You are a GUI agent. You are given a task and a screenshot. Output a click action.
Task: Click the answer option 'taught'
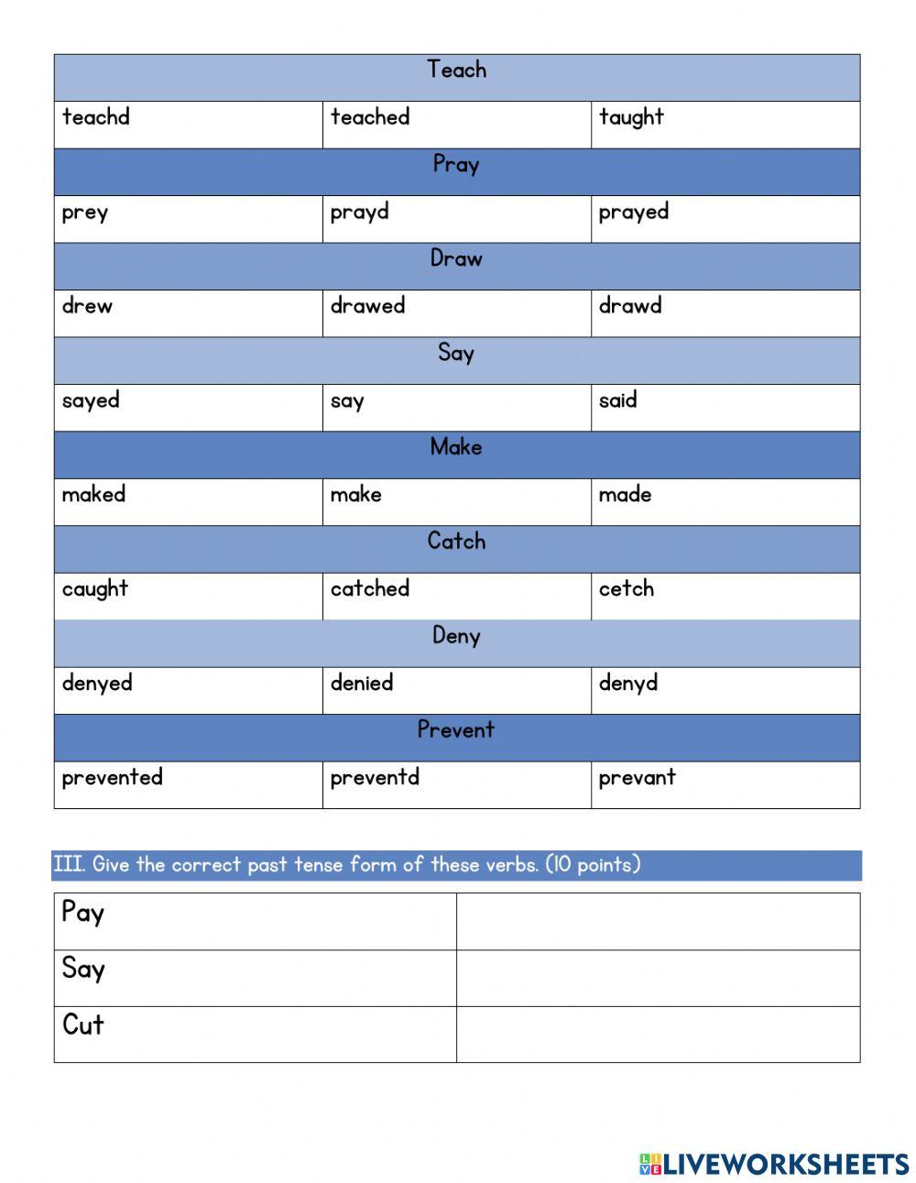click(x=631, y=118)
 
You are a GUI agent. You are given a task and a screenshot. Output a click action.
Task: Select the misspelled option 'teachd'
click(x=96, y=117)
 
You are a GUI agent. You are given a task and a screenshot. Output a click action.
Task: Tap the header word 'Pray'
click(x=456, y=165)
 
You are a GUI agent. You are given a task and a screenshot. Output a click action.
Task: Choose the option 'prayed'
click(x=634, y=213)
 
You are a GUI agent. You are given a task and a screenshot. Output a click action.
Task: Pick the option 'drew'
click(x=88, y=306)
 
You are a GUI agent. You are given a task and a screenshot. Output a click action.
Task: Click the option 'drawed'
click(x=367, y=306)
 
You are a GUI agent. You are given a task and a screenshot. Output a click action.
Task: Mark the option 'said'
click(x=618, y=400)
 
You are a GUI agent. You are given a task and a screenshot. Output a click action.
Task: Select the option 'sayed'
click(x=91, y=401)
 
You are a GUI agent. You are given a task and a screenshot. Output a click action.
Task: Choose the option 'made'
click(x=626, y=495)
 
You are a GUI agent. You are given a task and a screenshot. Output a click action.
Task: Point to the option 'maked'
click(x=93, y=495)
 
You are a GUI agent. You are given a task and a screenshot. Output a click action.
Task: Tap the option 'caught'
click(x=95, y=589)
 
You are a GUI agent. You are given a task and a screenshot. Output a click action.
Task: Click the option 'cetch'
click(x=627, y=589)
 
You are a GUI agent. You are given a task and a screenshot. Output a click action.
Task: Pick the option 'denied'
click(x=362, y=683)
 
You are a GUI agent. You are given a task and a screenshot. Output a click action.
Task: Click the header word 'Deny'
click(x=456, y=636)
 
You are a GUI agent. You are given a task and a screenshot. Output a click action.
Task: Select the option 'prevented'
click(x=112, y=777)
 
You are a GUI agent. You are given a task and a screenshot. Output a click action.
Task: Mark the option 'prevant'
click(x=638, y=778)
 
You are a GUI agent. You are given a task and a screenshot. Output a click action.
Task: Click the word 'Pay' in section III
click(x=83, y=914)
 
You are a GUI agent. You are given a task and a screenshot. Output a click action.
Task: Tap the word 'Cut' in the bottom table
click(x=83, y=1024)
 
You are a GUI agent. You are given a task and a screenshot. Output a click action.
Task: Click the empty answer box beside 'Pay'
click(x=658, y=921)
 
